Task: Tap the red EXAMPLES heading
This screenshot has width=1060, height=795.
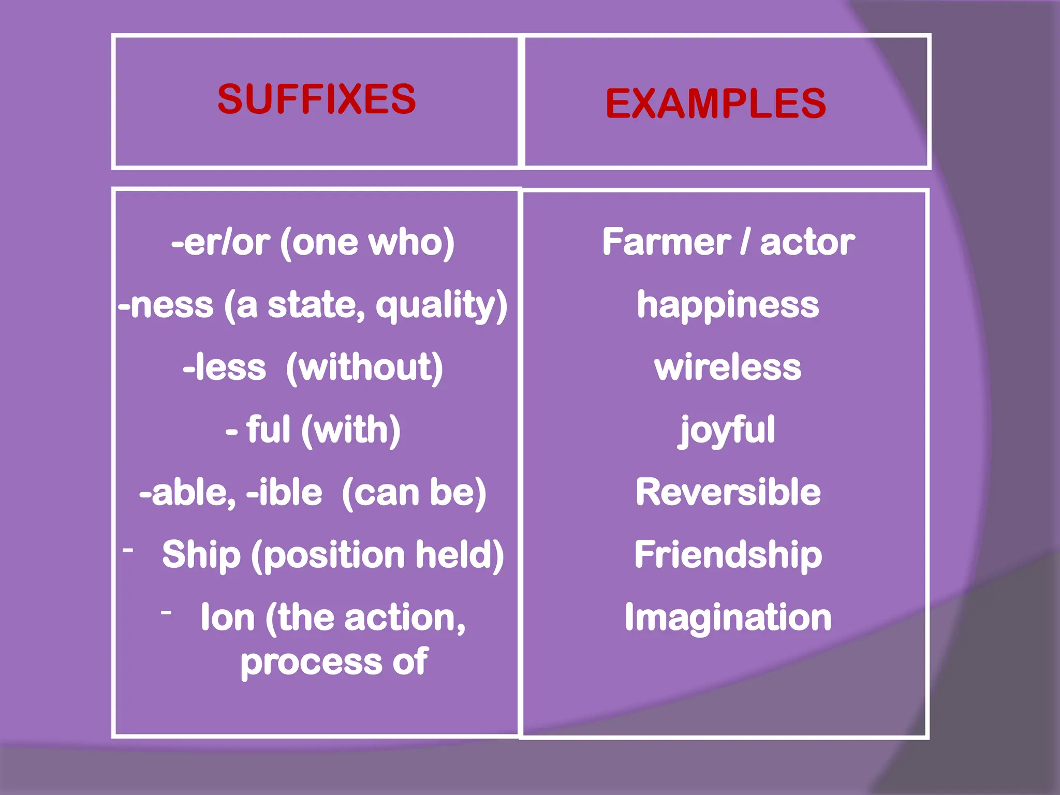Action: coord(715,104)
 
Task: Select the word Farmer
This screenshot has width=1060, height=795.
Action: coord(666,242)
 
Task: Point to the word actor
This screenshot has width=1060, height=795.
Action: coord(807,242)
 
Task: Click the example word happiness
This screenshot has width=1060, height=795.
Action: coord(728,305)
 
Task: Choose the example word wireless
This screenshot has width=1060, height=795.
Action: coord(728,367)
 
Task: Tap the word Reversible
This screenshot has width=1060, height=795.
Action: coord(728,492)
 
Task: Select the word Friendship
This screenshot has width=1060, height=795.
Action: coord(728,555)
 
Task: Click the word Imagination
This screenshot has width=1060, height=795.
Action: coord(728,617)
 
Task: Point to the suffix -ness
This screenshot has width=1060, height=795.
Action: coord(166,305)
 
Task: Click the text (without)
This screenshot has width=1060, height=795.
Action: coord(364,367)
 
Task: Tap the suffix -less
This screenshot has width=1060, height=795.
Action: coord(224,367)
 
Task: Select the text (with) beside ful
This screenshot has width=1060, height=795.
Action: coord(350,430)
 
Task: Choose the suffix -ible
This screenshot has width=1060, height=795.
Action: coord(284,492)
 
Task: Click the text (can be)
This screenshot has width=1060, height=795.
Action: coord(414,492)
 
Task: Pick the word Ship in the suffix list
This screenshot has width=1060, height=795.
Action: coord(201,555)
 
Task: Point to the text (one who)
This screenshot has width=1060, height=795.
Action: coord(367,242)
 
